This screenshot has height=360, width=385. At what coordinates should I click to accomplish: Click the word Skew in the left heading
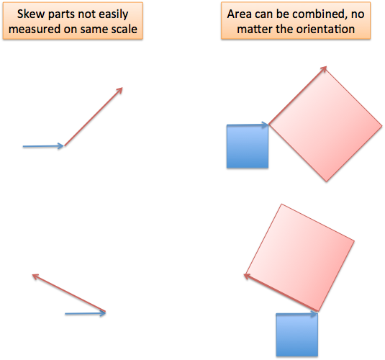(x=32, y=14)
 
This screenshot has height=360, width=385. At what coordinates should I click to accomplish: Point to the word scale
(x=124, y=30)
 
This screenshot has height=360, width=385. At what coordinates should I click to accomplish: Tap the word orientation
(x=326, y=30)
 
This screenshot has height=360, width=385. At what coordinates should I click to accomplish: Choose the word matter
(x=255, y=30)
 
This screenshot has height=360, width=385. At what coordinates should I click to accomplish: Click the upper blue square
(x=248, y=146)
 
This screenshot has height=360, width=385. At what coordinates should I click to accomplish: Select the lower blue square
(x=297, y=335)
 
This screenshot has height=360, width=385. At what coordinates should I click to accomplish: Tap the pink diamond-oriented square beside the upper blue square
(x=325, y=125)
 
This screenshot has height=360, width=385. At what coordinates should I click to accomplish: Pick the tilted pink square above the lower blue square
(x=300, y=258)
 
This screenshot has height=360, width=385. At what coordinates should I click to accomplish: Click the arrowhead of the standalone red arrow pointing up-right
(x=119, y=91)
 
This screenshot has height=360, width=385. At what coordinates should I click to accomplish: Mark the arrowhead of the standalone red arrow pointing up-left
(x=36, y=276)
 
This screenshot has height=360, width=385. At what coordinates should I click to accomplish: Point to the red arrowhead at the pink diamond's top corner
(x=324, y=69)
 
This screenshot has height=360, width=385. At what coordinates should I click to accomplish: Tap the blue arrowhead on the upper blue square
(x=265, y=125)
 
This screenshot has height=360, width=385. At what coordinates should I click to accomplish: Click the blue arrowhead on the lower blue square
(x=314, y=314)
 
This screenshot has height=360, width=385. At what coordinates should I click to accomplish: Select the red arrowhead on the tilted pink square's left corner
(x=248, y=276)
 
